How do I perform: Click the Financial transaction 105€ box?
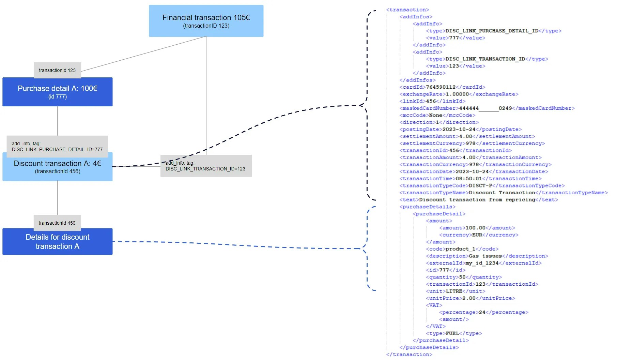coord(206,21)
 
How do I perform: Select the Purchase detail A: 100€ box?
coord(58,92)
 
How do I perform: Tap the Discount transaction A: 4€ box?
coord(58,167)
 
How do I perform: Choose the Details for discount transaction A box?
coord(58,241)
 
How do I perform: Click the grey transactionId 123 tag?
coord(58,70)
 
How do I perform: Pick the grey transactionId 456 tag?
coord(57,223)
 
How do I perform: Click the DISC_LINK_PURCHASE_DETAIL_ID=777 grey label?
coord(57,147)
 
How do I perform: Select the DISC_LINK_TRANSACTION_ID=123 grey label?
coord(206,166)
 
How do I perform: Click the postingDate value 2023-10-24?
coord(459,130)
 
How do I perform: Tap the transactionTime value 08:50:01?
coord(469,179)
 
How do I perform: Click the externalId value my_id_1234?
coord(482,263)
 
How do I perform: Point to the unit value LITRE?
coord(454,291)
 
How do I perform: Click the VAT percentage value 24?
coord(482,312)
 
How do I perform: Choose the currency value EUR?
coord(477,235)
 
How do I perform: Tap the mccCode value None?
coord(435,115)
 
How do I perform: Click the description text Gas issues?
coord(485,256)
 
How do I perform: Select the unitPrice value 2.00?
coord(468,298)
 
